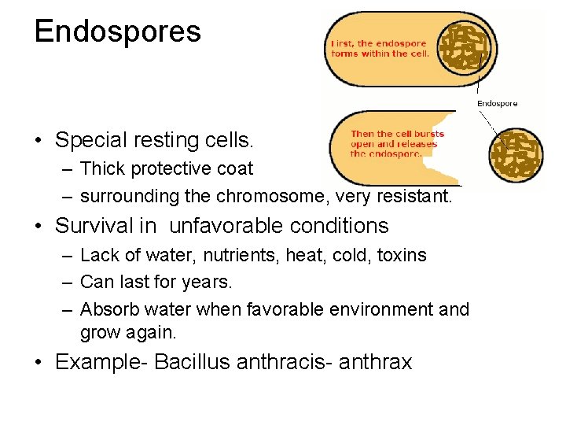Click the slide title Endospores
pyautogui.click(x=118, y=31)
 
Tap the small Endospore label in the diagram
pyautogui.click(x=498, y=104)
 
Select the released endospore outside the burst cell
pyautogui.click(x=516, y=154)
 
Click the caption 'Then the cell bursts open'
pyautogui.click(x=397, y=144)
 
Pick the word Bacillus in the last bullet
pyautogui.click(x=189, y=363)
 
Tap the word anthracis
pyautogui.click(x=284, y=363)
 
